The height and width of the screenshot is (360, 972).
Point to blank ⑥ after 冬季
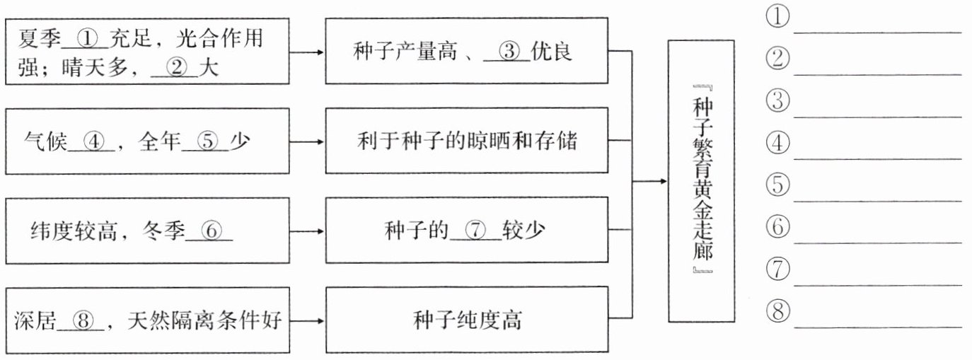point(212,231)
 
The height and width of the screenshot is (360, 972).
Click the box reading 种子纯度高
point(466,320)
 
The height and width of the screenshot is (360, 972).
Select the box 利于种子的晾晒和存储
point(466,141)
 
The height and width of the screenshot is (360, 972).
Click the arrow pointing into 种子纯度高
point(308,320)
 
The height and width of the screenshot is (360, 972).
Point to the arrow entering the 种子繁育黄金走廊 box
point(651,181)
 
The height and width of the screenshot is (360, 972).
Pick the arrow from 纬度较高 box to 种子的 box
point(308,231)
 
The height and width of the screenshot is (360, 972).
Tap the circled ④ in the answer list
point(777,144)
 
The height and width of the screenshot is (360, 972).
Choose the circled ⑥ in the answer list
point(777,228)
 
